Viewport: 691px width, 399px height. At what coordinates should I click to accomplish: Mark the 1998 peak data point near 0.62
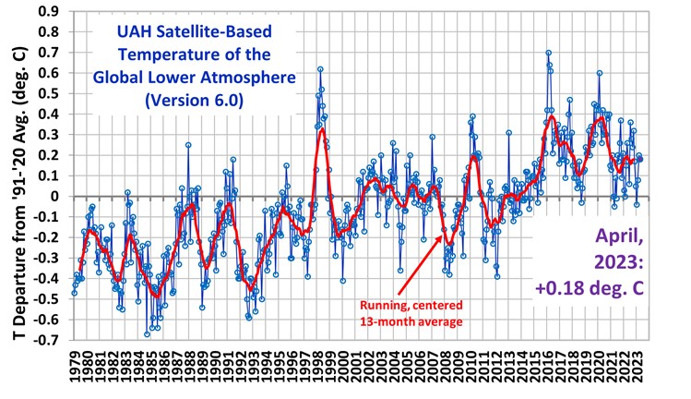(320, 69)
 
